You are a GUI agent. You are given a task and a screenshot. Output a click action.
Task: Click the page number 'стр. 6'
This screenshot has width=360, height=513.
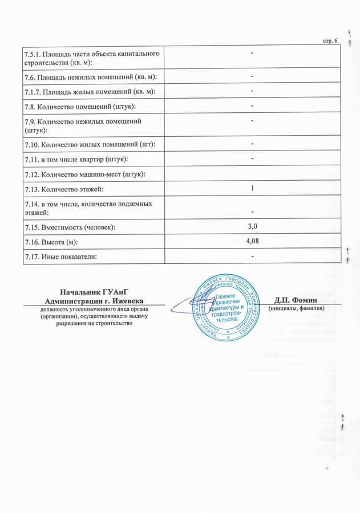point(331,40)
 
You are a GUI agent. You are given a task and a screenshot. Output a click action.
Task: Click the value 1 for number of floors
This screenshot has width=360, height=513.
point(252,188)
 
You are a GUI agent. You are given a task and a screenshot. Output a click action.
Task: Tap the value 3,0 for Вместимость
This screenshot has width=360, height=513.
point(252,227)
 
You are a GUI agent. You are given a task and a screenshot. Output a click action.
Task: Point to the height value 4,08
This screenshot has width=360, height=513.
point(252,241)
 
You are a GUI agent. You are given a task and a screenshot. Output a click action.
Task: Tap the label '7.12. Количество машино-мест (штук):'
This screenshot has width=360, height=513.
point(84,173)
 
